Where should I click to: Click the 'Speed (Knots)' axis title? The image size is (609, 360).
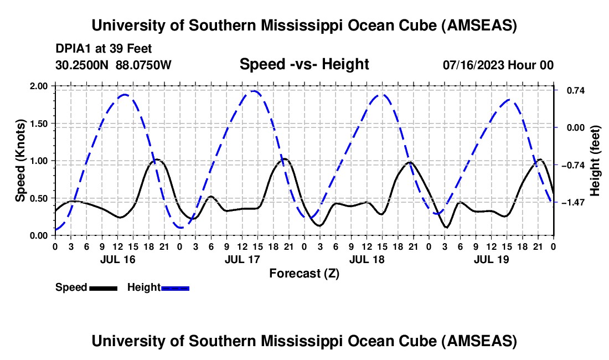point(20,161)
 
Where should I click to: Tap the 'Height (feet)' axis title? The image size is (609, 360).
point(596,161)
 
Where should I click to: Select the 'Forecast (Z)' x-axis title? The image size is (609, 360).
point(304,273)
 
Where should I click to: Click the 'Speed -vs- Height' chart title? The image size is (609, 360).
point(304,64)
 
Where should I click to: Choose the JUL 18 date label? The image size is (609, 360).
point(367,259)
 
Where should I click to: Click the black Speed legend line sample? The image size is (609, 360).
point(103,288)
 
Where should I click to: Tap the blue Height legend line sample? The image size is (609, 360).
point(175,288)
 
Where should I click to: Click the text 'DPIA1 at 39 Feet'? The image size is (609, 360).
point(104,49)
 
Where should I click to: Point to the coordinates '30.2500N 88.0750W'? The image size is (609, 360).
point(113,65)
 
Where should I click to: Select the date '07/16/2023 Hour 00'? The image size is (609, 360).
point(498,65)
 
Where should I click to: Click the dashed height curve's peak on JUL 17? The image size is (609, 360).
point(253,91)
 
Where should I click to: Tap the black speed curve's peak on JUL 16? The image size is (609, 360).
point(157,160)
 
